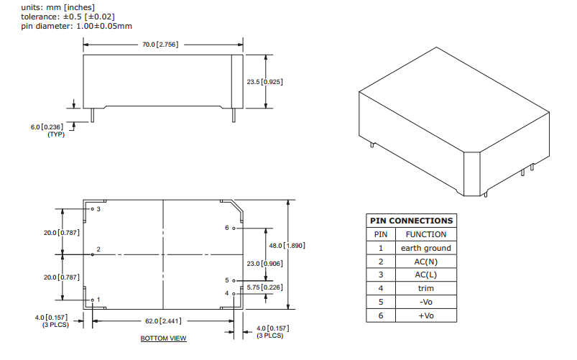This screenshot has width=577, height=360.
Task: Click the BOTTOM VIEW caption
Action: point(163,338)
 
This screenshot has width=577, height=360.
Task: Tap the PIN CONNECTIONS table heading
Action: point(411,221)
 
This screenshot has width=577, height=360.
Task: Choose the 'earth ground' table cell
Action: point(425,248)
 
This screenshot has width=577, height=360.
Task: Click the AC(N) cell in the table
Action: point(425,262)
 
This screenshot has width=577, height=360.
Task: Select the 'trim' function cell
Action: point(425,288)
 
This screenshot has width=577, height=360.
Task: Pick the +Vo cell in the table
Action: point(425,315)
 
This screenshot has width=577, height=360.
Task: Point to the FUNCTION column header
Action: point(425,234)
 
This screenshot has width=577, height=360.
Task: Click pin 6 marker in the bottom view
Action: point(234,228)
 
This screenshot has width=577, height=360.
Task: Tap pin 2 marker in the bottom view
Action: point(93,254)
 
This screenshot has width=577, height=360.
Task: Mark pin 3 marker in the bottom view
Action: point(93,209)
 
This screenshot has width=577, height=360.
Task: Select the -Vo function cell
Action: point(425,302)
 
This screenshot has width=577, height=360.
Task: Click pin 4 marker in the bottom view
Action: point(233,293)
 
